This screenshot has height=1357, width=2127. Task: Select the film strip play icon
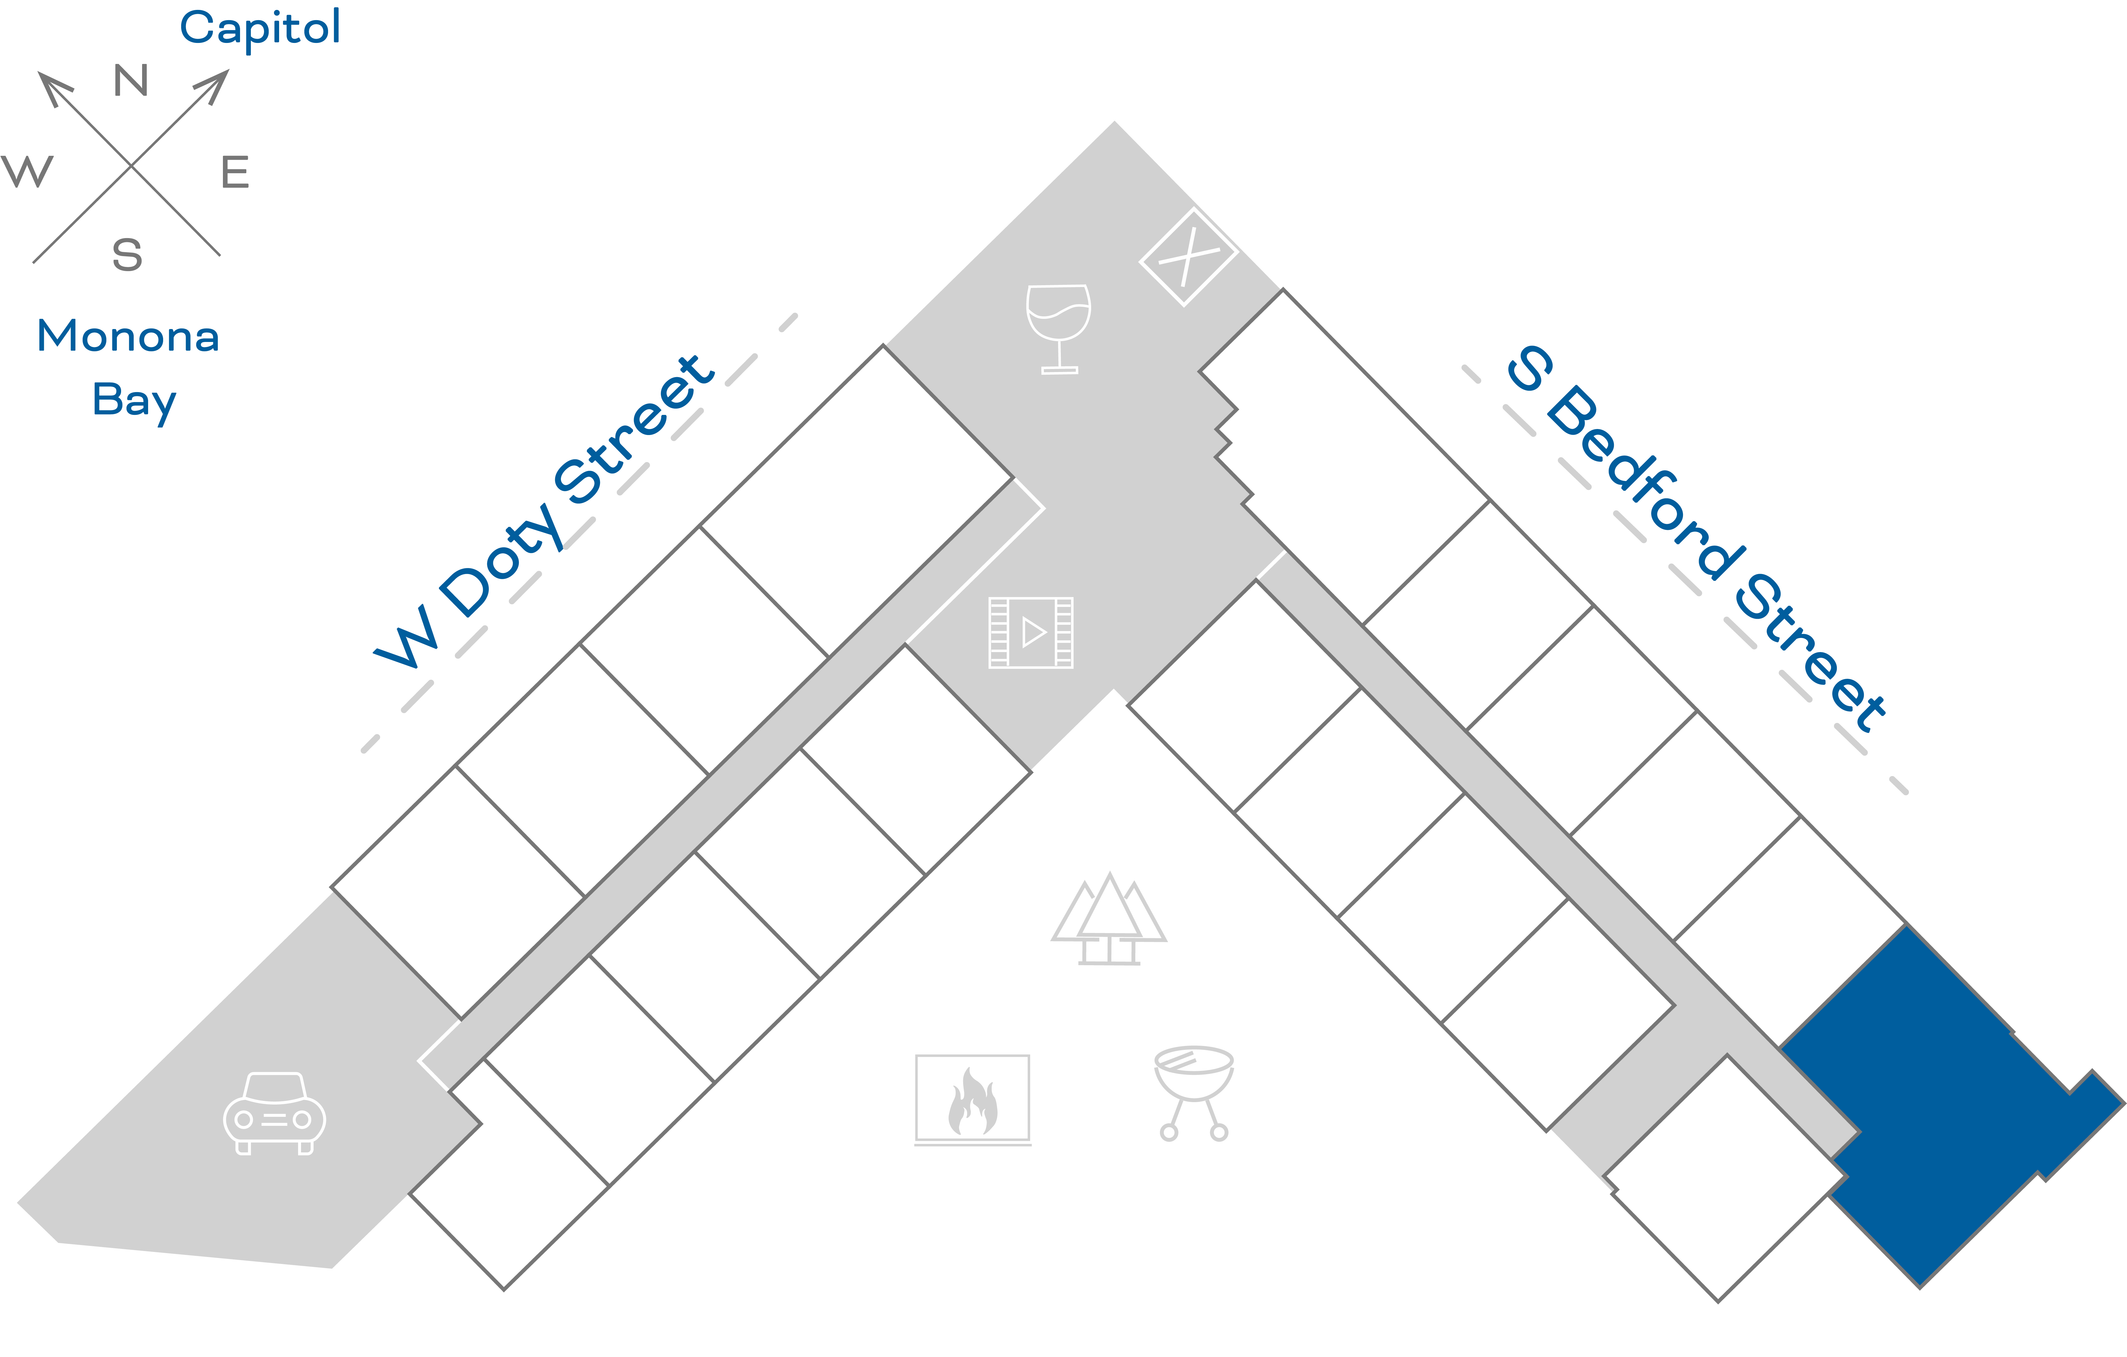tap(1031, 632)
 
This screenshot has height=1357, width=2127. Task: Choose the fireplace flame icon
tap(972, 1099)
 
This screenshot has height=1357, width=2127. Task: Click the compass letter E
tap(235, 172)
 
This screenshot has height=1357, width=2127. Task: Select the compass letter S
tap(127, 255)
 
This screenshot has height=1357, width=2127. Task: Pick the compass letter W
tap(27, 171)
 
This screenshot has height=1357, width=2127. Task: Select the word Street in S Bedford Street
tap(1811, 653)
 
